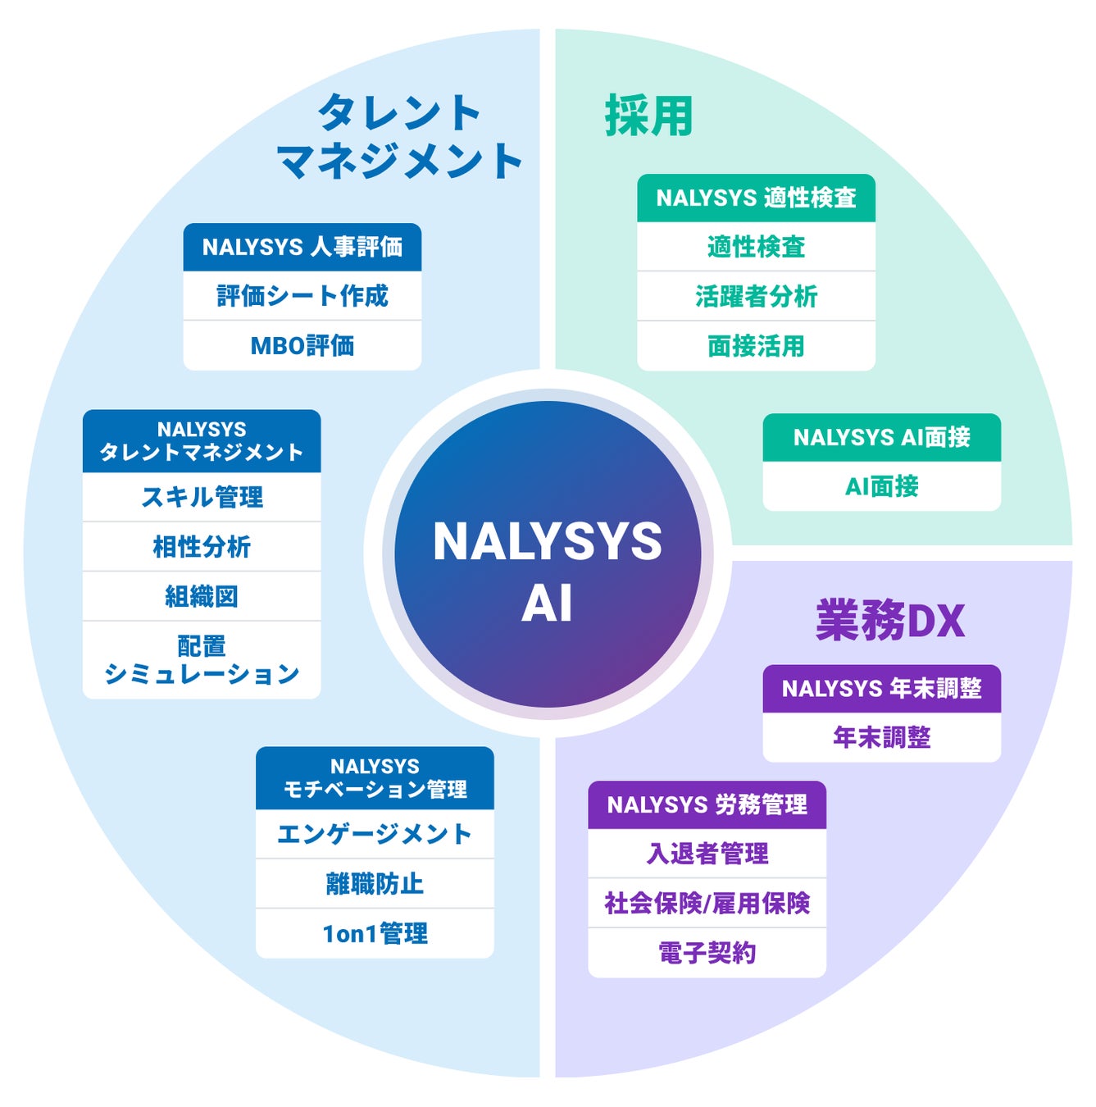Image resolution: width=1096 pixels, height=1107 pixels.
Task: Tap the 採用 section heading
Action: (648, 116)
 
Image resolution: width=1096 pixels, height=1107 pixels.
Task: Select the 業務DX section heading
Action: (889, 620)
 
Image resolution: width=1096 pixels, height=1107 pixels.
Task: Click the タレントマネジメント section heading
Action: (399, 136)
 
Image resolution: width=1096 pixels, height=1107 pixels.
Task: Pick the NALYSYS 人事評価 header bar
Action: (302, 247)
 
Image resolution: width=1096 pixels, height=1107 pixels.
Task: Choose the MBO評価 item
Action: (302, 345)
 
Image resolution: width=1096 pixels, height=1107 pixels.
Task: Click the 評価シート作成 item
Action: (302, 296)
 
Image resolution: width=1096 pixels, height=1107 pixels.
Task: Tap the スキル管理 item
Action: (202, 497)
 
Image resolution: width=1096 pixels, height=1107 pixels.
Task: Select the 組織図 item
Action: (202, 596)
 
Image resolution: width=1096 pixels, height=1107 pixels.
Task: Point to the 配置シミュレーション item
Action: (202, 660)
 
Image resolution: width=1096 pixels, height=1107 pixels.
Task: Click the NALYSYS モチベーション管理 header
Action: (375, 777)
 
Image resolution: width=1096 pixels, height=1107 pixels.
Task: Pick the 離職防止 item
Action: (375, 883)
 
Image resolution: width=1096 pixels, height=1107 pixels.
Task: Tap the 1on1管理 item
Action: (375, 933)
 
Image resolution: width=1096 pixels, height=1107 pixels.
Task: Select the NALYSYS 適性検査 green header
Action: (756, 198)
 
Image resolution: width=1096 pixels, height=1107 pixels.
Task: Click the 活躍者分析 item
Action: (756, 296)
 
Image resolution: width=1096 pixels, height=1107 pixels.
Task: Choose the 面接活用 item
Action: (756, 346)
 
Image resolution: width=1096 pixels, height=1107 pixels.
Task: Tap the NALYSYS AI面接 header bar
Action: (881, 437)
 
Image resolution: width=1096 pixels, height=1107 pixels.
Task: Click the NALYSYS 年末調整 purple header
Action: (881, 688)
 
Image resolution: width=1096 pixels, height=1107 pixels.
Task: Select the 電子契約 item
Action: (707, 953)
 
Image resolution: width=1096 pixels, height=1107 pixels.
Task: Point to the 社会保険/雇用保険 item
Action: (707, 903)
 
